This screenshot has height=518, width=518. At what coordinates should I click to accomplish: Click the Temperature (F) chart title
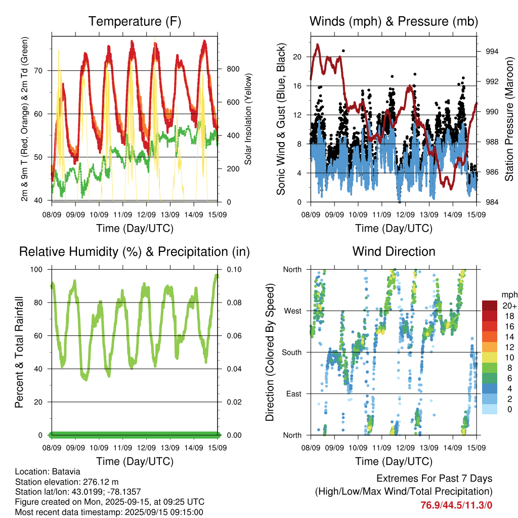click(x=135, y=21)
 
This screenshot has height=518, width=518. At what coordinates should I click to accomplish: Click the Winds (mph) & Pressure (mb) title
click(x=394, y=21)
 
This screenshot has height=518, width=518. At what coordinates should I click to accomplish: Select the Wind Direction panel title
click(x=394, y=251)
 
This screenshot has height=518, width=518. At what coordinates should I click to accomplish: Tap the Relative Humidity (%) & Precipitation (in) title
click(x=135, y=252)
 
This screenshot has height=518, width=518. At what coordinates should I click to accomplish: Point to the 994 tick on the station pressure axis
click(x=492, y=52)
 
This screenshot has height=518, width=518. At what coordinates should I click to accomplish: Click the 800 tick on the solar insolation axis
click(x=233, y=69)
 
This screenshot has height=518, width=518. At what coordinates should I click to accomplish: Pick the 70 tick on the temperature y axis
click(x=38, y=71)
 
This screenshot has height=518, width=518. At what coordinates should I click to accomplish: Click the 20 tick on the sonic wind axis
click(x=297, y=57)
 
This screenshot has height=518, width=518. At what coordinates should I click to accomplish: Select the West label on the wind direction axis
click(x=293, y=311)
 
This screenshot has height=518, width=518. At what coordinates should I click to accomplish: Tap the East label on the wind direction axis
click(x=294, y=394)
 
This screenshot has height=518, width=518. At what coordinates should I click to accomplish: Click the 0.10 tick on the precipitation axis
click(x=234, y=270)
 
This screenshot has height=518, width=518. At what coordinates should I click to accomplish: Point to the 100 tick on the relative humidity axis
click(x=36, y=270)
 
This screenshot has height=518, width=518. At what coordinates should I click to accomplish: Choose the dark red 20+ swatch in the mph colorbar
click(x=490, y=306)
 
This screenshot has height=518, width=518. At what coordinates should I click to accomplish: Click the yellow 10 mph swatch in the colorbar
click(x=490, y=358)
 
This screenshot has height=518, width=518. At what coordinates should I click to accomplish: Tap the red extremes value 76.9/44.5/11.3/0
click(x=456, y=505)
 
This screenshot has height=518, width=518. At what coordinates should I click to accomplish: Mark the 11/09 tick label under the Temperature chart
click(x=122, y=214)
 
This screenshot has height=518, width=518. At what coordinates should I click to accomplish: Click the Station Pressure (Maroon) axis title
click(x=509, y=119)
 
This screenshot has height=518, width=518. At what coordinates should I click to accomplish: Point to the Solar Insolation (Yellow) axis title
click(x=248, y=119)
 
